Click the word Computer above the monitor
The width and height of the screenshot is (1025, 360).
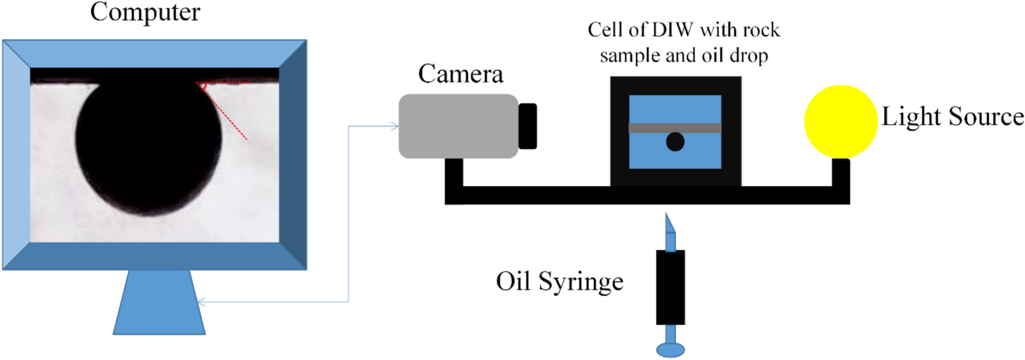pyautogui.click(x=145, y=12)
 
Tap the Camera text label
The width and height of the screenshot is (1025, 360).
pyautogui.click(x=460, y=73)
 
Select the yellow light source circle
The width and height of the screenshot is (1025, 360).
pyautogui.click(x=840, y=121)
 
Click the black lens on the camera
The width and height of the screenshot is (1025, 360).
pyautogui.click(x=527, y=126)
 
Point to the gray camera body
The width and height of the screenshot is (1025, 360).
pyautogui.click(x=458, y=126)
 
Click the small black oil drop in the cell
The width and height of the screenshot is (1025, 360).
pyautogui.click(x=675, y=142)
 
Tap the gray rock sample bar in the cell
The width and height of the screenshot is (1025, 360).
pyautogui.click(x=675, y=128)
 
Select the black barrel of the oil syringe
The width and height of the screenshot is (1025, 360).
pyautogui.click(x=670, y=288)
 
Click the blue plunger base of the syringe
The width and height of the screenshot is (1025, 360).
pyautogui.click(x=670, y=349)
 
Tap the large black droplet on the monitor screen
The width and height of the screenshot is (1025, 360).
pyautogui.click(x=148, y=144)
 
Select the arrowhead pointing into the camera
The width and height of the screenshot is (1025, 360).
pyautogui.click(x=395, y=126)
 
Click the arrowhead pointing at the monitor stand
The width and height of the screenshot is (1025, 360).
pyautogui.click(x=200, y=302)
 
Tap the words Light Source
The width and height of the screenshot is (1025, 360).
pyautogui.click(x=952, y=117)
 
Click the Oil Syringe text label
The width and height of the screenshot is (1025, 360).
pyautogui.click(x=559, y=281)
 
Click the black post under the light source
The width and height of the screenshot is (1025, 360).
pyautogui.click(x=841, y=173)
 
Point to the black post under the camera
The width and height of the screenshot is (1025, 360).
pyautogui.click(x=454, y=173)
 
